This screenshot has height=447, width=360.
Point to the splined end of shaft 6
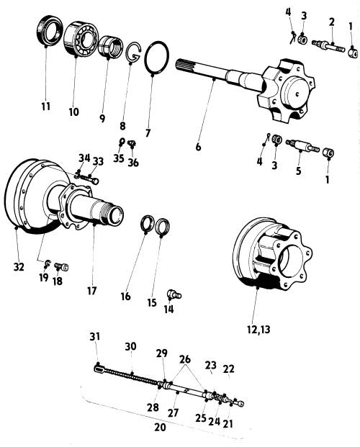click(x=182, y=66)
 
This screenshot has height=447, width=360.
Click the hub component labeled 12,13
click(x=272, y=253)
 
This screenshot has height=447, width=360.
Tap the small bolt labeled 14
click(x=174, y=294)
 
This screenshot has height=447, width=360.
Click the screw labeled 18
click(x=61, y=267)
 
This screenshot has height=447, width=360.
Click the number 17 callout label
click(x=92, y=291)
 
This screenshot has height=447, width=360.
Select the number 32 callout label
click(x=19, y=267)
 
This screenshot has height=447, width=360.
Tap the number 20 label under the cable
click(x=160, y=427)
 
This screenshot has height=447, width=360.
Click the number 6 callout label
click(x=198, y=147)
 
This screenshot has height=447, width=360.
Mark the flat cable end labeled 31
click(x=100, y=369)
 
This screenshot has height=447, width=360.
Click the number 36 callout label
click(x=133, y=163)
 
